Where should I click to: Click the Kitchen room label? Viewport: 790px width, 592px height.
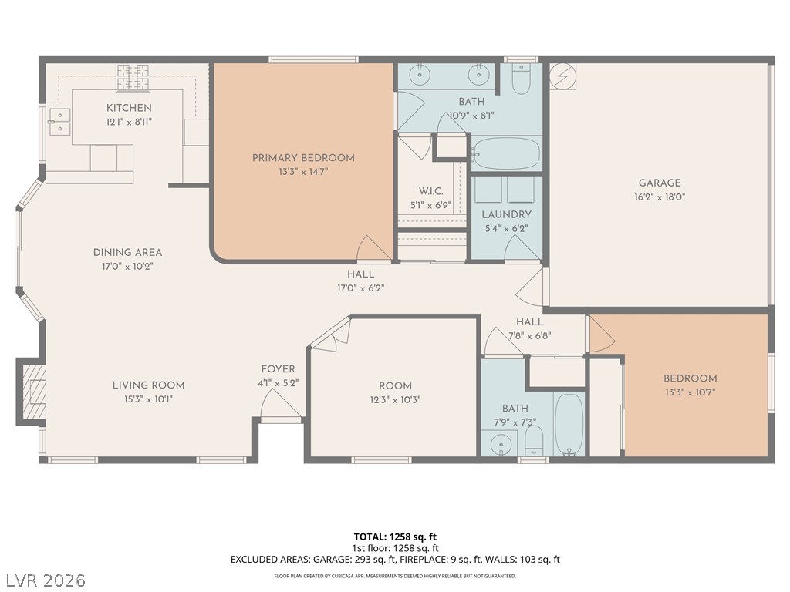[129, 108]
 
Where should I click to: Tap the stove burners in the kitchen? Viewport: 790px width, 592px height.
[133, 77]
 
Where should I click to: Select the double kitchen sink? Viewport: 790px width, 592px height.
[60, 122]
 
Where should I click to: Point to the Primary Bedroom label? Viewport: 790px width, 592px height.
[303, 158]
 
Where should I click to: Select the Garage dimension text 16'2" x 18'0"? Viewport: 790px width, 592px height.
[660, 197]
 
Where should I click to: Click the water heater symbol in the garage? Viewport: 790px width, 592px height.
[562, 76]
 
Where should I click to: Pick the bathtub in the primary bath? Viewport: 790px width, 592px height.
[506, 153]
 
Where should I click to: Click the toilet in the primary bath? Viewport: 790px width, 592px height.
[521, 79]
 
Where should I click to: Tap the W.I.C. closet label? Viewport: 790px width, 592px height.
[430, 191]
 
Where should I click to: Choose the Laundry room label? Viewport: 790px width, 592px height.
[506, 214]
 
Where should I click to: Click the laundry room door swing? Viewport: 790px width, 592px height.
[522, 247]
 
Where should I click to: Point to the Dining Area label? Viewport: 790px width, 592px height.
[127, 253]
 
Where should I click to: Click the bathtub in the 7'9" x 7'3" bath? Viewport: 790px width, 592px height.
[569, 425]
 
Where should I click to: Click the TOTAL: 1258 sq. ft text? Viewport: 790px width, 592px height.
[395, 536]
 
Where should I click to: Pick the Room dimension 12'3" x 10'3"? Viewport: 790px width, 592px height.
[395, 400]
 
